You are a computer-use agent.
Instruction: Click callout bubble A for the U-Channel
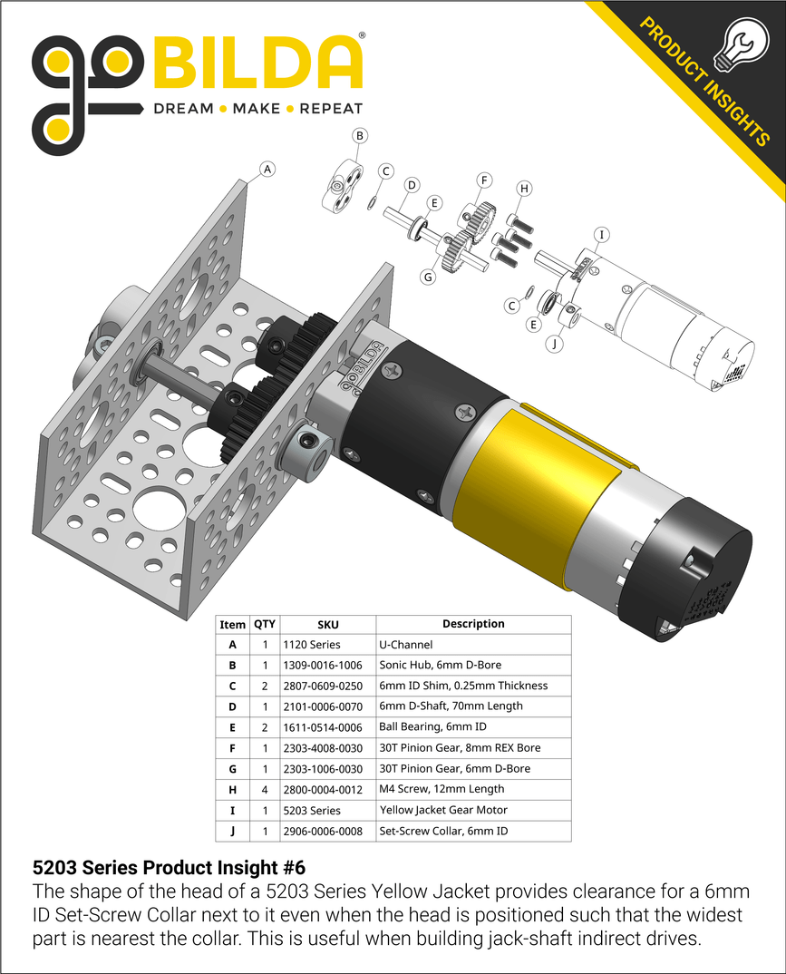pos(267,168)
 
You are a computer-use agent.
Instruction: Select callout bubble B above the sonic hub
pos(360,136)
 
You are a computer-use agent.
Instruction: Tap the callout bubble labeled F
pos(484,180)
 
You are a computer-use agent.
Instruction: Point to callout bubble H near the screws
pos(524,189)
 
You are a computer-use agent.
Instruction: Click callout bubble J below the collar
pos(556,344)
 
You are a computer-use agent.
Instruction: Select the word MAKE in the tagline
pos(257,109)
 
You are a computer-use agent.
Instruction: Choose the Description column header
pos(473,624)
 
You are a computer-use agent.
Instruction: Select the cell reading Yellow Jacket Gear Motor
pos(443,811)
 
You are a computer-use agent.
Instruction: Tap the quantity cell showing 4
pos(265,790)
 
